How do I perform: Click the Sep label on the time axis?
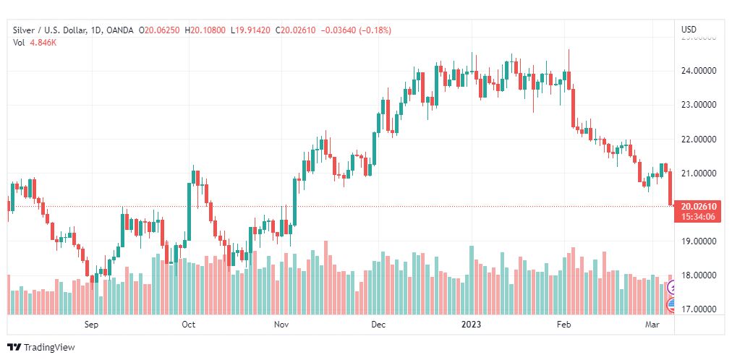[x=91, y=325]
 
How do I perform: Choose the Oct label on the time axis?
[x=188, y=325]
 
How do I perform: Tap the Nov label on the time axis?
[x=281, y=325]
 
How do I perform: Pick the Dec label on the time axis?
[x=378, y=325]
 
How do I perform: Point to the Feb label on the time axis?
[x=564, y=325]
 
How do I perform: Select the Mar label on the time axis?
[x=652, y=325]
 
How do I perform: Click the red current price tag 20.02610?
[x=698, y=206]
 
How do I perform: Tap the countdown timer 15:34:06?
[x=698, y=216]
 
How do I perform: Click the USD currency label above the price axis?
[x=689, y=30]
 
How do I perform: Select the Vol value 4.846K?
[x=43, y=43]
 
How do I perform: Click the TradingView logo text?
[x=48, y=348]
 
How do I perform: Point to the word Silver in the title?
[x=24, y=30]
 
